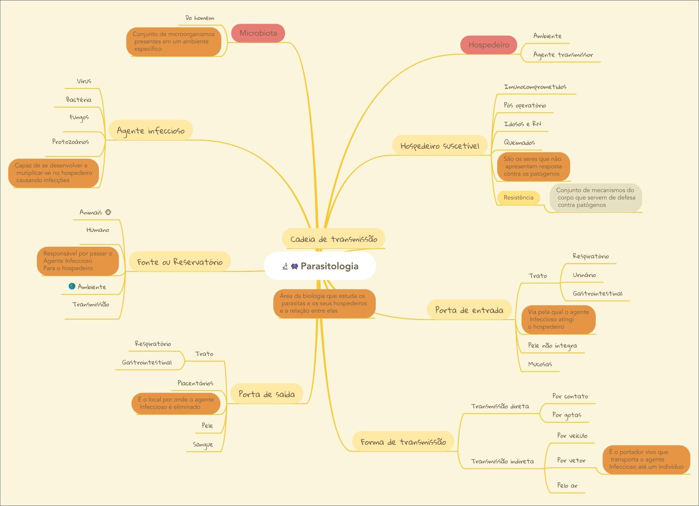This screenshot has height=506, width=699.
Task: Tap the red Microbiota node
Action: [258, 33]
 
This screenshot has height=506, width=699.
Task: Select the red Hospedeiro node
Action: [488, 45]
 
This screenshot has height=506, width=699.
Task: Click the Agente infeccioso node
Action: [150, 131]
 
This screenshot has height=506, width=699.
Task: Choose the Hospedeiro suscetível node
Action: [439, 146]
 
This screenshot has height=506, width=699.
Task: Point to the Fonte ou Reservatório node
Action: [180, 262]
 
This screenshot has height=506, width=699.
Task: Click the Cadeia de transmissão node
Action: [333, 239]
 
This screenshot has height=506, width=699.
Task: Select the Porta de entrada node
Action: [469, 310]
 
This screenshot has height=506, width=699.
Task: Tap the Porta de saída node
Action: [266, 394]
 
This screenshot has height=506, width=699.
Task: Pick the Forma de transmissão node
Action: [403, 442]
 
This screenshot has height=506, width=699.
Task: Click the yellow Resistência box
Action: [518, 198]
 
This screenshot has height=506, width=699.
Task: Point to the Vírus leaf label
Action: [84, 81]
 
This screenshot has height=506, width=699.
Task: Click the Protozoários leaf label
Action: [70, 141]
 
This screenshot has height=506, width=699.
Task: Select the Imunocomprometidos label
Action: [535, 87]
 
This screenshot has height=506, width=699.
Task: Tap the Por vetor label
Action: [571, 460]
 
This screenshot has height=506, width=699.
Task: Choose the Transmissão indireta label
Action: [502, 461]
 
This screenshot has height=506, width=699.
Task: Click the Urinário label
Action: [584, 275]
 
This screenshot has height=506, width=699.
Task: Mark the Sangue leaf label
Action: [203, 444]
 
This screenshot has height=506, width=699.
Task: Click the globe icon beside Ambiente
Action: [72, 286]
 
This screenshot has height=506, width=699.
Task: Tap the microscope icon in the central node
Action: [285, 266]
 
